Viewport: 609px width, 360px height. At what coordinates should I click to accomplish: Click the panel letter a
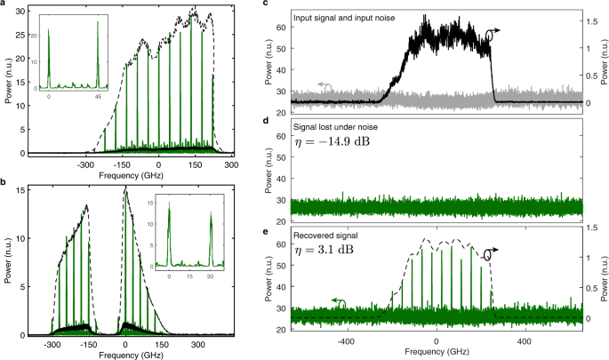4,5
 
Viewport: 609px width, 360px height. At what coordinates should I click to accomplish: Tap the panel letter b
4,180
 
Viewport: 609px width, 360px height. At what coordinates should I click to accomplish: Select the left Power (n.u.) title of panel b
9,258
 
